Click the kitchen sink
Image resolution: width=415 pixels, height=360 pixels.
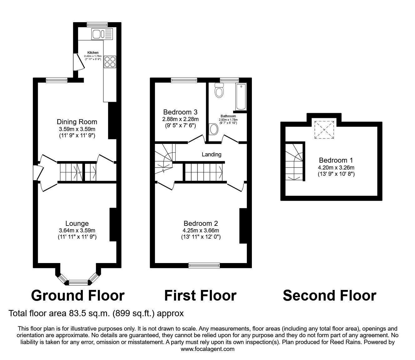pyautogui.click(x=102, y=34)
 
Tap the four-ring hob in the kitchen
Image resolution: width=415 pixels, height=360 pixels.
pyautogui.click(x=110, y=62)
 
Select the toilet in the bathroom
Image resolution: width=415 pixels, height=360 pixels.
pyautogui.click(x=219, y=90)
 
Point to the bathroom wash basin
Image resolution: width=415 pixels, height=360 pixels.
pyautogui.click(x=213, y=129)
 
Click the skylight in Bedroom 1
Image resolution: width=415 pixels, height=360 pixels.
pyautogui.click(x=324, y=130)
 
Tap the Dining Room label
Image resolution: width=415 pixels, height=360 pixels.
pyautogui.click(x=77, y=122)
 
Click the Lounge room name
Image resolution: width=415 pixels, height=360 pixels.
pyautogui.click(x=77, y=223)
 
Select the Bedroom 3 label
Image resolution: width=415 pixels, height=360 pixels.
pyautogui.click(x=180, y=112)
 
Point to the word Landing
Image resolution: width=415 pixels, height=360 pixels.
pyautogui.click(x=212, y=155)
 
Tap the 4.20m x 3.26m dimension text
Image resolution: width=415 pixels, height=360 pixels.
pyautogui.click(x=336, y=167)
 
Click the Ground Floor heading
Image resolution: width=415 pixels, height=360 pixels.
pyautogui.click(x=78, y=296)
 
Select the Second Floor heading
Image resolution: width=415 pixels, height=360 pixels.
pyautogui.click(x=329, y=296)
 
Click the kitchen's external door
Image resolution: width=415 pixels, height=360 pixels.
pyautogui.click(x=79, y=62)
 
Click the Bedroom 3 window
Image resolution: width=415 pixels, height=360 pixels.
pyautogui.click(x=184, y=80)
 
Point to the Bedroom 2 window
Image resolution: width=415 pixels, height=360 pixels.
pyautogui.click(x=204, y=266)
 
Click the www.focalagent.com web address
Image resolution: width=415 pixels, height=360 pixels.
pyautogui.click(x=207, y=349)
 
